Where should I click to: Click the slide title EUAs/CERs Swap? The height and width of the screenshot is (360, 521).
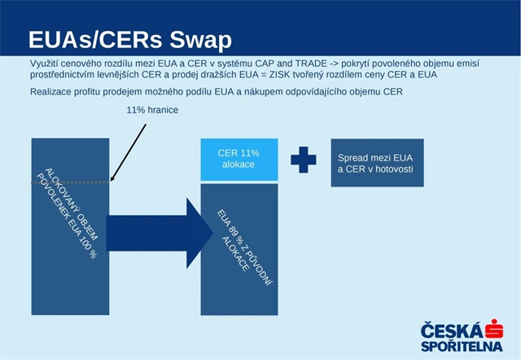tap(129, 40)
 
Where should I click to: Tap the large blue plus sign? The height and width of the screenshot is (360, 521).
tap(304, 160)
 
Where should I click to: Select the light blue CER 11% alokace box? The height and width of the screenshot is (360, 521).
tap(238, 159)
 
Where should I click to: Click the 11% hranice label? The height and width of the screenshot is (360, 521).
tap(152, 110)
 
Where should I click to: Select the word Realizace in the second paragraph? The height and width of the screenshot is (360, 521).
tap(54, 91)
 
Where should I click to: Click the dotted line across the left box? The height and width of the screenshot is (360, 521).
tap(70, 182)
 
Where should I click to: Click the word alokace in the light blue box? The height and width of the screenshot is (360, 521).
tap(238, 165)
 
